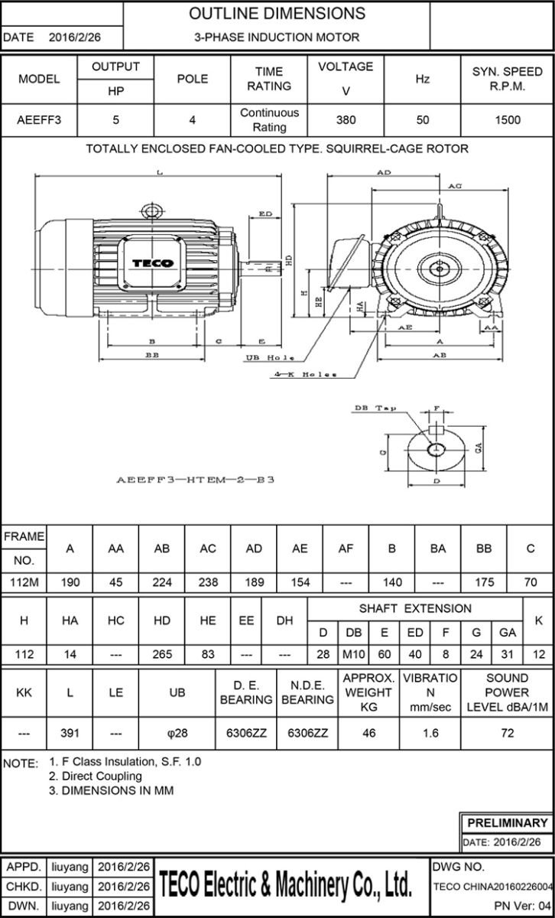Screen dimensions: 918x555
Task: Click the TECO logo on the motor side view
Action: (153, 263)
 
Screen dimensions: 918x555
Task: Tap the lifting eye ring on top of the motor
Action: (151, 210)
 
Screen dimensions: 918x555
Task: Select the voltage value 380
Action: (346, 120)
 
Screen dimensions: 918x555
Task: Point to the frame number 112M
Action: (24, 582)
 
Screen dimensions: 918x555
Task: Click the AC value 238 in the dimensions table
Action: (208, 582)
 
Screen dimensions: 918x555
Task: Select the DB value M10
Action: (354, 655)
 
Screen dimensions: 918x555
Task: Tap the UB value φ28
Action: (177, 732)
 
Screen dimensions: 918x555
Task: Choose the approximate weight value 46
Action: (368, 732)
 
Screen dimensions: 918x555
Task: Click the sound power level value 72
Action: (508, 732)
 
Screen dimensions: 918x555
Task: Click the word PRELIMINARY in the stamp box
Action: (507, 823)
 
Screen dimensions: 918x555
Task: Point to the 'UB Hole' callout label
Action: (270, 358)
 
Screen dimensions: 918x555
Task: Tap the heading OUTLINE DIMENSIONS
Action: (277, 14)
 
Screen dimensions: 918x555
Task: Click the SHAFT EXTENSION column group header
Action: (415, 609)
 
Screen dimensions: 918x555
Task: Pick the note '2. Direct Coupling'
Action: (96, 776)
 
